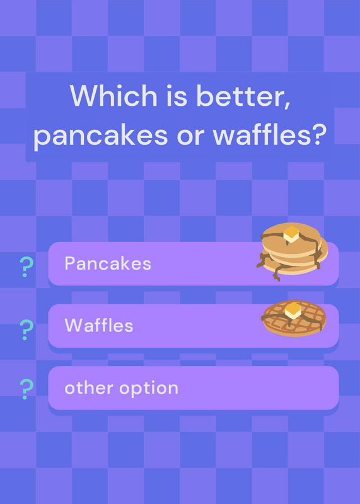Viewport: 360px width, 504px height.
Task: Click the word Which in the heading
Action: point(113,96)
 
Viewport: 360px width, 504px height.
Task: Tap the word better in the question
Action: point(243,96)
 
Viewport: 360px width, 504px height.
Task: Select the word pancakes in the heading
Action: point(101,135)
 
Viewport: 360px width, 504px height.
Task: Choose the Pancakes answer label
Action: point(108,263)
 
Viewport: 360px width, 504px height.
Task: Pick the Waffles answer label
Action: point(99,325)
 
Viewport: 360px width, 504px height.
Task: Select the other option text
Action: point(121,388)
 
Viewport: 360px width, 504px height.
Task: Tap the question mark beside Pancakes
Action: point(26,266)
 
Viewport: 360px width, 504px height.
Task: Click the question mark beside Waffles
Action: point(26,329)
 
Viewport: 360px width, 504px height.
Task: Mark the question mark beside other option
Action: point(26,389)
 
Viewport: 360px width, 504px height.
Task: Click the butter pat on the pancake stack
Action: point(291,234)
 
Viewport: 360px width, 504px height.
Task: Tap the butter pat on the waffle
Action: point(293,310)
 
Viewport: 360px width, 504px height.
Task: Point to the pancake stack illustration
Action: point(292,251)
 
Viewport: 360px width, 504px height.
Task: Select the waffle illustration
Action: point(293,318)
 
